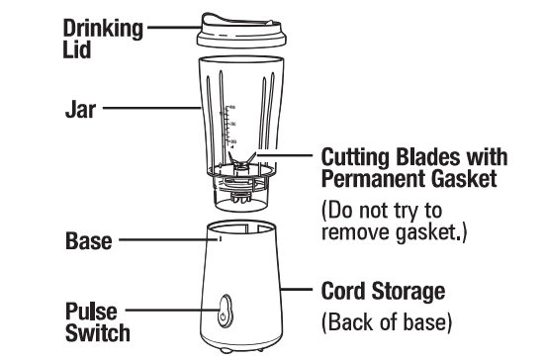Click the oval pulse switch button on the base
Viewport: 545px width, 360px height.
pos(227,309)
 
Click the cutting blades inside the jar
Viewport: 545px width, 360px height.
pos(242,161)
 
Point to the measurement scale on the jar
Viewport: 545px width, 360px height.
pos(229,125)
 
